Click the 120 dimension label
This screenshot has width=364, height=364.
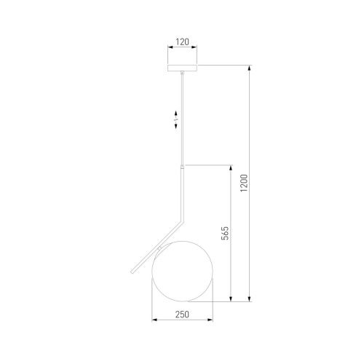click(182, 42)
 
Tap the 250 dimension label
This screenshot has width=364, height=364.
click(182, 314)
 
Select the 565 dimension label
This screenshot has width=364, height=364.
click(225, 233)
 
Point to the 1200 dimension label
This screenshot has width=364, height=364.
click(244, 183)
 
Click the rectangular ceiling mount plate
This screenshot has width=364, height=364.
click(182, 68)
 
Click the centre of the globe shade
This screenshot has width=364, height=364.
click(182, 272)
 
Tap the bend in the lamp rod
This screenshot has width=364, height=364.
click(182, 221)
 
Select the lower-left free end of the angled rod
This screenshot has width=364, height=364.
click(132, 272)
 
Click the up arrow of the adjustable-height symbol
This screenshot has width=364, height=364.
click(176, 114)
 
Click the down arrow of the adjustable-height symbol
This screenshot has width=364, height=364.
click(176, 125)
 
